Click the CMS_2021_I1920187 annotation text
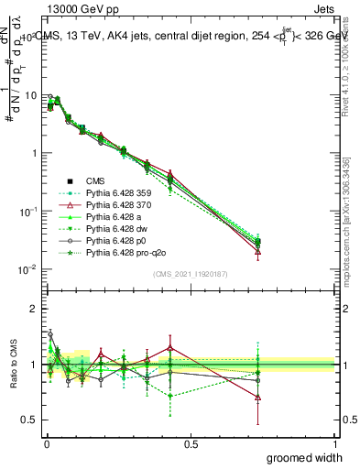(189, 274)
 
